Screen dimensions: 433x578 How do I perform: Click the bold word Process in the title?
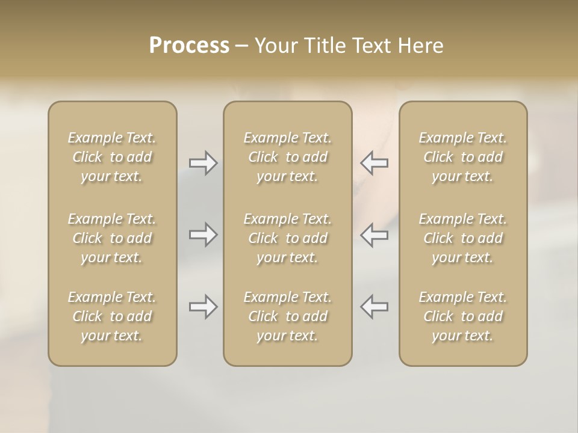tap(189, 46)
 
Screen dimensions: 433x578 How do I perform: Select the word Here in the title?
tap(420, 46)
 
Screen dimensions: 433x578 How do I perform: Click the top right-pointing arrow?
tap(203, 163)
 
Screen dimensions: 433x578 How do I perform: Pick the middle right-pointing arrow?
tap(203, 235)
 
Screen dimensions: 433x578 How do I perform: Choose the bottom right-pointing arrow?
tap(203, 307)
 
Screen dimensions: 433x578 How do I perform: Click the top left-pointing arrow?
tap(374, 163)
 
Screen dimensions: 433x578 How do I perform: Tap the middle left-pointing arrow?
tap(374, 235)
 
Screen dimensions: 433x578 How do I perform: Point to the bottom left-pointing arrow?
tap(374, 307)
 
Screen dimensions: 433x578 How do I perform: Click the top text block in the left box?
tap(112, 157)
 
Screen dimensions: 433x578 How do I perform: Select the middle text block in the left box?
tap(112, 238)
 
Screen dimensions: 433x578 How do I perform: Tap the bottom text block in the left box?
tap(112, 316)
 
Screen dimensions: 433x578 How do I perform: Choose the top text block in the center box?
tap(287, 157)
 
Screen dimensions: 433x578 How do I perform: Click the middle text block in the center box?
tap(287, 238)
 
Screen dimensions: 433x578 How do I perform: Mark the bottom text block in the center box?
tap(287, 316)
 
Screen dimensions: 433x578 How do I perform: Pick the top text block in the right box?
tap(462, 157)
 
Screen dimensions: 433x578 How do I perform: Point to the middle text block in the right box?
tap(462, 238)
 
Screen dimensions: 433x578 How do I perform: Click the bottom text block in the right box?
tap(462, 316)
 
